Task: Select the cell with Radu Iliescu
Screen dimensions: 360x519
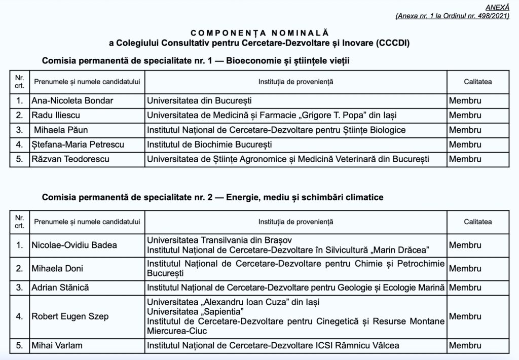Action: [56, 115]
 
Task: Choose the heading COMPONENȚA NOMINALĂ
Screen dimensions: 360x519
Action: [259, 33]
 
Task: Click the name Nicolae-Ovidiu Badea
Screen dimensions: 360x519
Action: [74, 245]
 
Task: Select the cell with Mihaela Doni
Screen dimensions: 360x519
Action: [57, 268]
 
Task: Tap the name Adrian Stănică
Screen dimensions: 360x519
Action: [60, 287]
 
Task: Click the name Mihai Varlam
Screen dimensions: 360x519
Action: [57, 346]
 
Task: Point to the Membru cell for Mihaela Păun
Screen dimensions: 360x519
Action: [465, 130]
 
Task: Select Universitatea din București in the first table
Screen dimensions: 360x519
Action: [199, 100]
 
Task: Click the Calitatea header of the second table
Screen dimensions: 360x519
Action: [477, 222]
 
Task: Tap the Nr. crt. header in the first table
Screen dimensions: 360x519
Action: [20, 82]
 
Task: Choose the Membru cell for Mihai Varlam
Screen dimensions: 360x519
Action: [465, 346]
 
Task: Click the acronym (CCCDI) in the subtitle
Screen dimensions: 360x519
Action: [392, 43]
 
